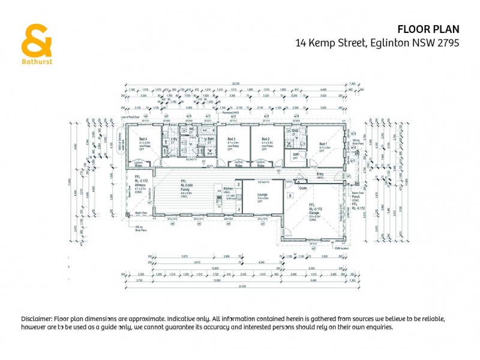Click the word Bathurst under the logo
pyautogui.click(x=37, y=61)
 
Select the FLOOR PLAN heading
pyautogui.click(x=427, y=28)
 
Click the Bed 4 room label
pyautogui.click(x=142, y=138)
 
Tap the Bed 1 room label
pyautogui.click(x=323, y=144)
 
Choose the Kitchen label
pyautogui.click(x=228, y=188)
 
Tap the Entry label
pyautogui.click(x=320, y=175)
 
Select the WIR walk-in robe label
pyautogui.click(x=296, y=154)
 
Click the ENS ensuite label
pyautogui.click(x=295, y=130)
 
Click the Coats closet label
pyautogui.click(x=304, y=187)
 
